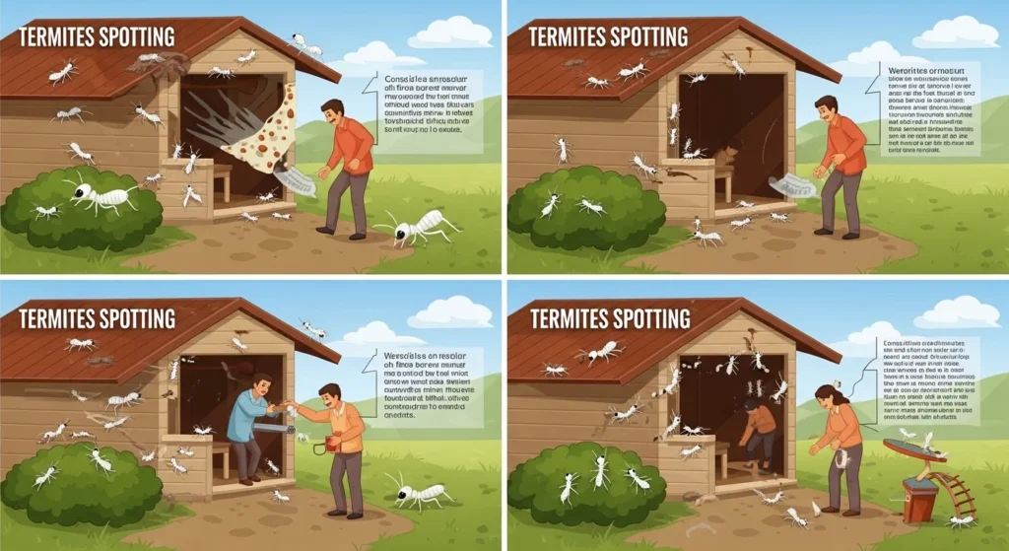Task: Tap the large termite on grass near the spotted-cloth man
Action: (x=419, y=228)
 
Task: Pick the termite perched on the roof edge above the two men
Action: (x=313, y=329)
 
